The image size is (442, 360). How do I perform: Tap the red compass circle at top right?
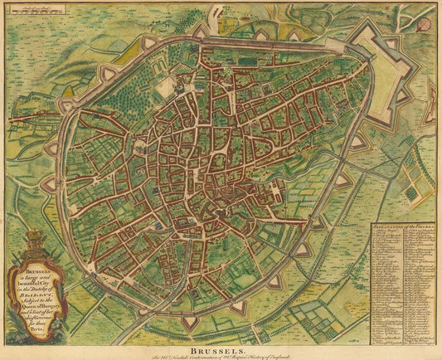(424, 24)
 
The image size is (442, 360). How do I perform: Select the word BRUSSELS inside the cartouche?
(34, 270)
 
